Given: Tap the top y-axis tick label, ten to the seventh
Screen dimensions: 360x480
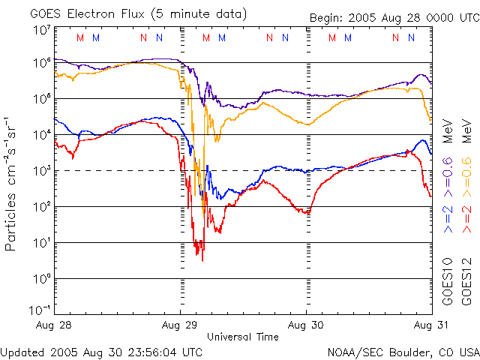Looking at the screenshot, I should click(42, 30).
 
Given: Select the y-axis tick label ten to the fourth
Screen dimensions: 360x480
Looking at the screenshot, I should click(42, 135).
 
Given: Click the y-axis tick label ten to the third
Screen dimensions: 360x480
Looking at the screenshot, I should click(42, 171).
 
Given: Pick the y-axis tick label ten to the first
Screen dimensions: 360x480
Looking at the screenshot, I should click(42, 243).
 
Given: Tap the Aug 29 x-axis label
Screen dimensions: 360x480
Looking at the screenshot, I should click(180, 325).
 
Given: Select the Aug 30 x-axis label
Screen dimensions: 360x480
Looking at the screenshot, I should click(306, 325).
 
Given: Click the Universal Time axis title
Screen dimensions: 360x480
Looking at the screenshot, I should click(243, 337).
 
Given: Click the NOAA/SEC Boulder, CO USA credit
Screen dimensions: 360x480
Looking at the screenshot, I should click(403, 351).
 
